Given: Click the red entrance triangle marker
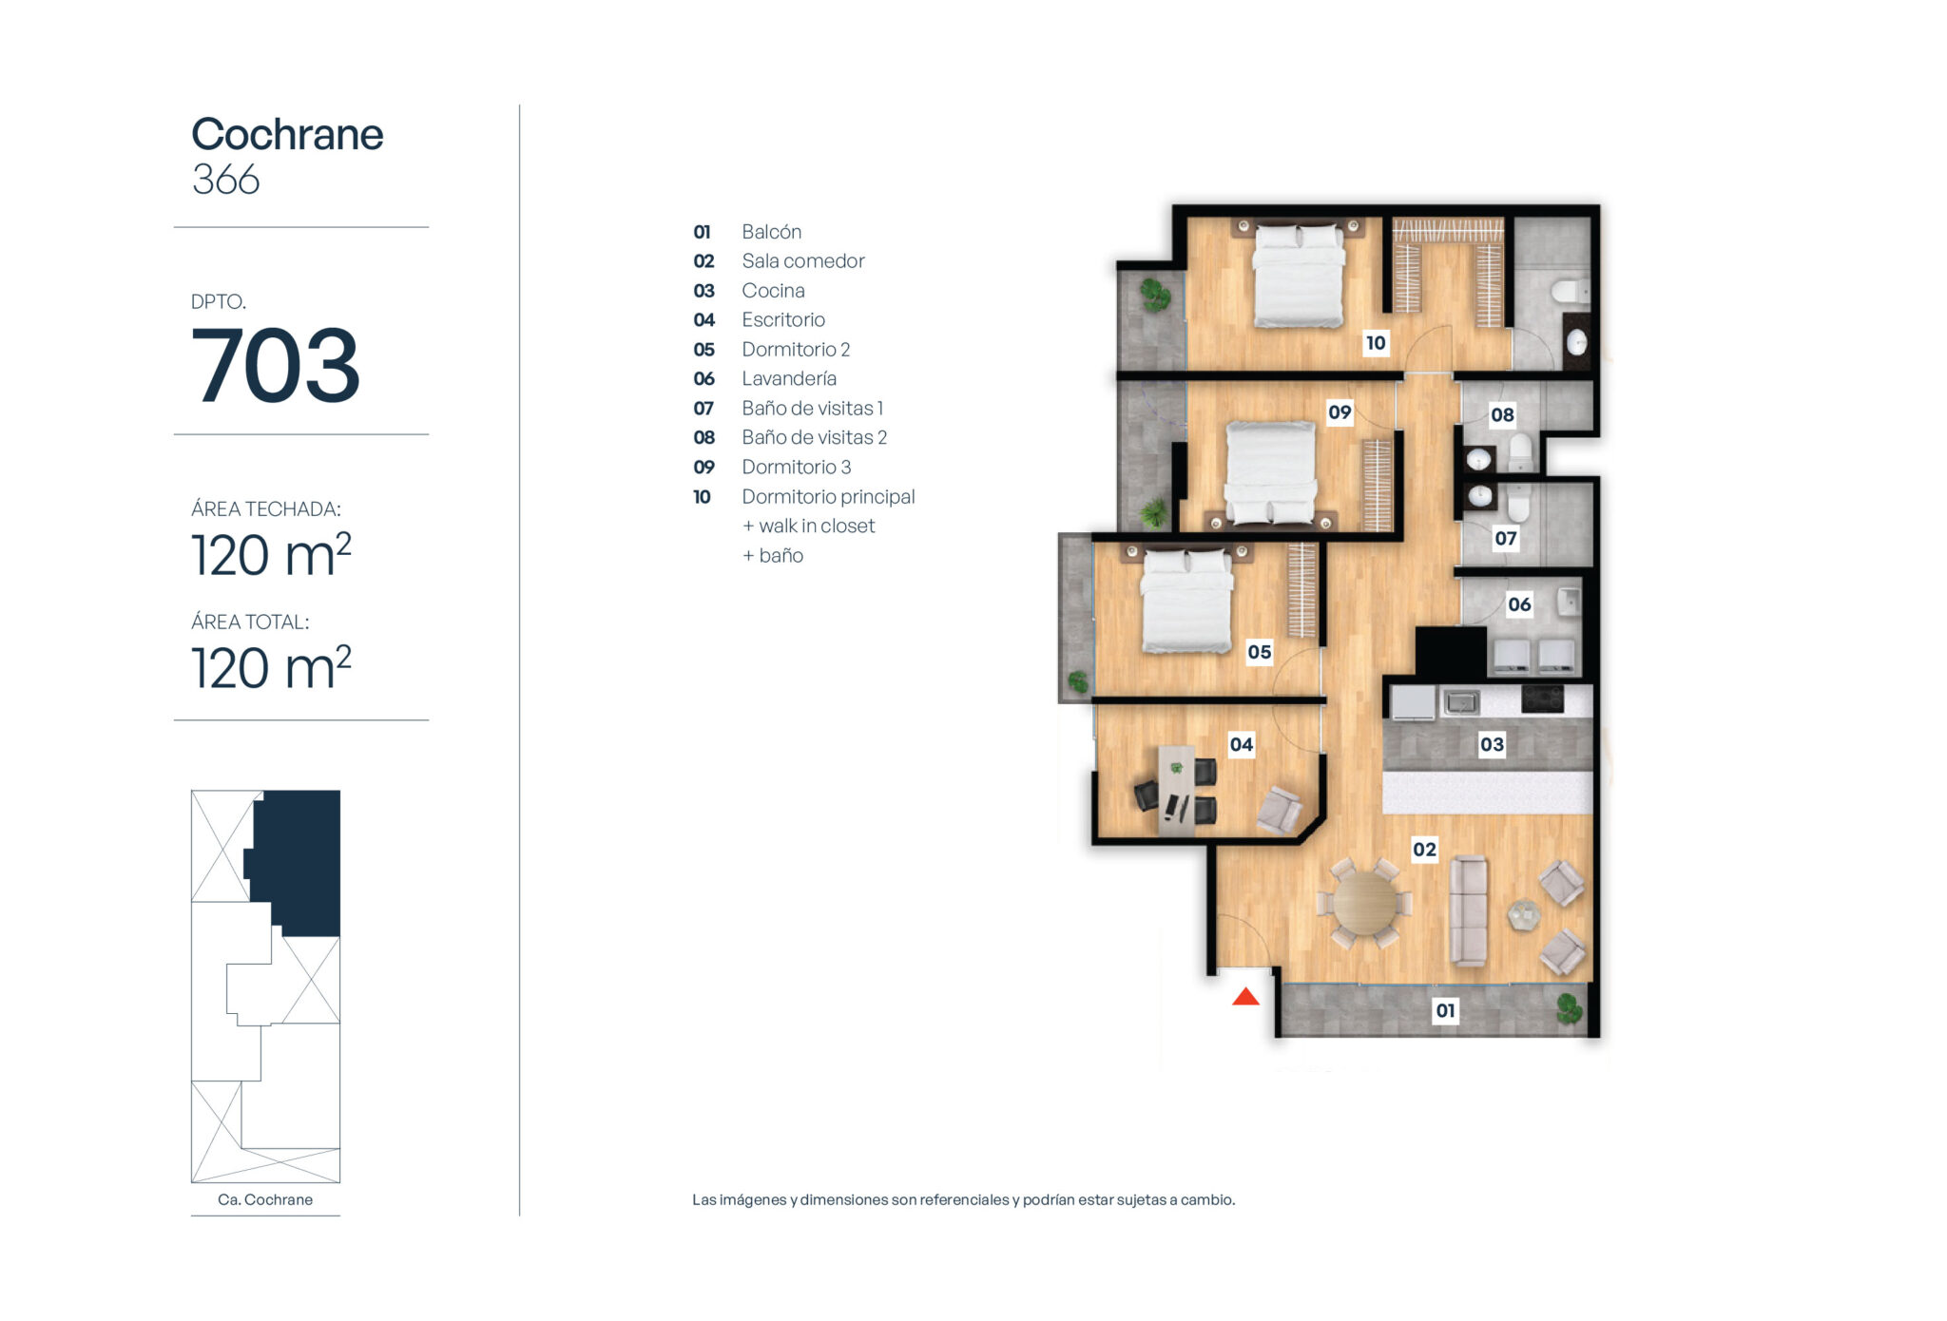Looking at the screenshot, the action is tap(1245, 996).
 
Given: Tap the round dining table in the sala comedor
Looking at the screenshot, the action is tap(1365, 903).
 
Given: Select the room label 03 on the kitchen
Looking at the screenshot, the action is tap(1492, 744).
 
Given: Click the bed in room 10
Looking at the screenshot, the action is tap(1299, 275).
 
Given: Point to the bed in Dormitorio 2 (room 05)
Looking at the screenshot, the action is tap(1186, 601).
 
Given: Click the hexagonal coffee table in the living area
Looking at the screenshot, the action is tap(1524, 914).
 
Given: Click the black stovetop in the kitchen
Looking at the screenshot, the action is tap(1542, 699).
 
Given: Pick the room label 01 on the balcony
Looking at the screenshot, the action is tap(1445, 1010).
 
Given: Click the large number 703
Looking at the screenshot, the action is tap(276, 365).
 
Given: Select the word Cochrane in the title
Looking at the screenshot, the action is tap(287, 134).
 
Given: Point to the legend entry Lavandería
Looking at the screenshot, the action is tap(789, 378).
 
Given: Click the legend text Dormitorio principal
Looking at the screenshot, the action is tap(828, 496).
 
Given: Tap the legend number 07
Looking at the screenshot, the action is tap(704, 408).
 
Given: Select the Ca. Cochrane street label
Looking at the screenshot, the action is tap(265, 1199).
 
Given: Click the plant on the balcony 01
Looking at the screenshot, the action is tap(1570, 1007).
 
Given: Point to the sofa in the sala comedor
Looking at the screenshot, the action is tap(1468, 910).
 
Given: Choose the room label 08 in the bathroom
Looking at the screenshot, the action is tap(1502, 414).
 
